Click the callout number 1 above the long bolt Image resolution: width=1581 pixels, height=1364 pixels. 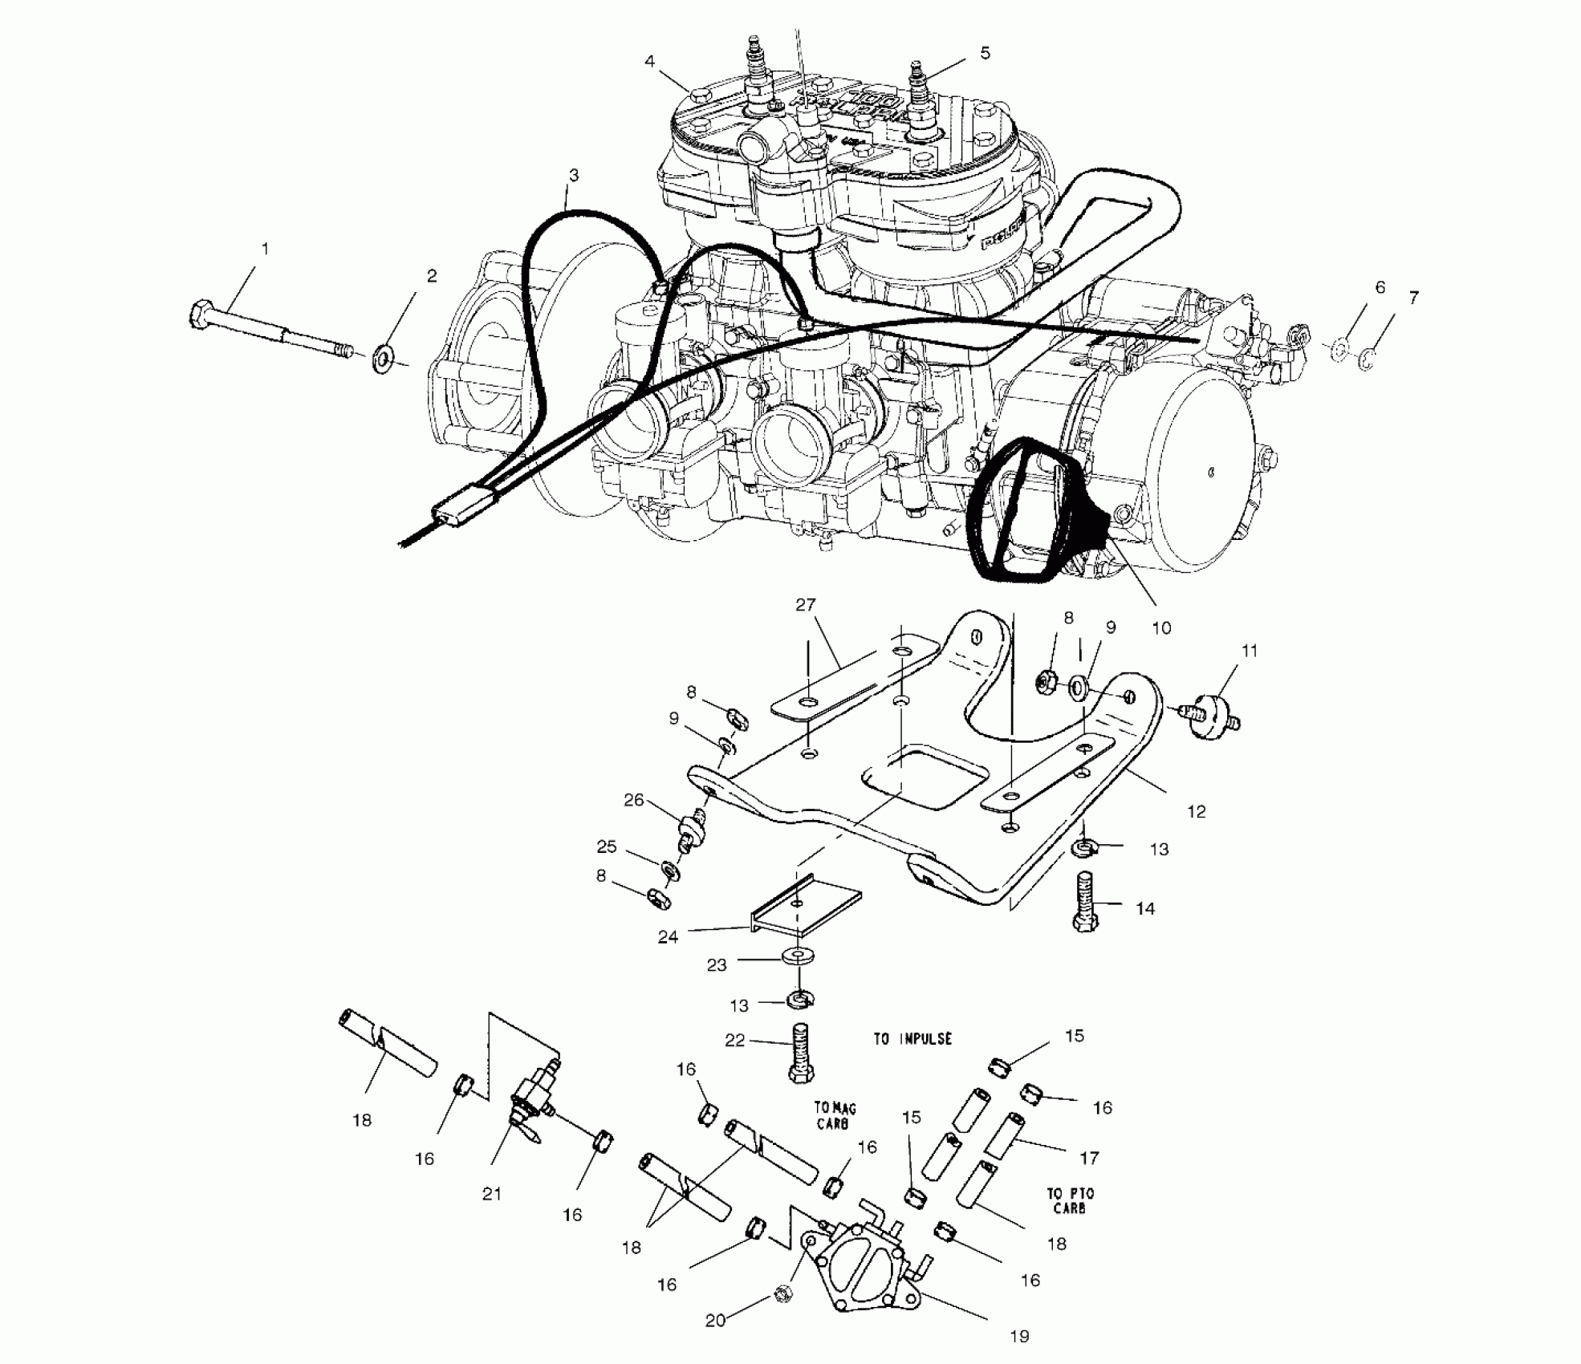pos(265,250)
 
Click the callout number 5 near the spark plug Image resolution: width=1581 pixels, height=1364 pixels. pos(985,53)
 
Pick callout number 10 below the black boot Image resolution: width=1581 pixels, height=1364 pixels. pos(1161,628)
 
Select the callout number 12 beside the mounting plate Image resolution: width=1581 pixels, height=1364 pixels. pos(1196,811)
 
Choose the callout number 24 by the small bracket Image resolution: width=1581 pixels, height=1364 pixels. pos(668,936)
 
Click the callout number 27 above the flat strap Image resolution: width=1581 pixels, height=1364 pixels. pos(805,605)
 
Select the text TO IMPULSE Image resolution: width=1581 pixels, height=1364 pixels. pos(912,1038)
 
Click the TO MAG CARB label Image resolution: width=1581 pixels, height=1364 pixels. pos(835,1116)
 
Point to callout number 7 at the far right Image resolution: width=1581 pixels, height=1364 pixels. pos(1413,298)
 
